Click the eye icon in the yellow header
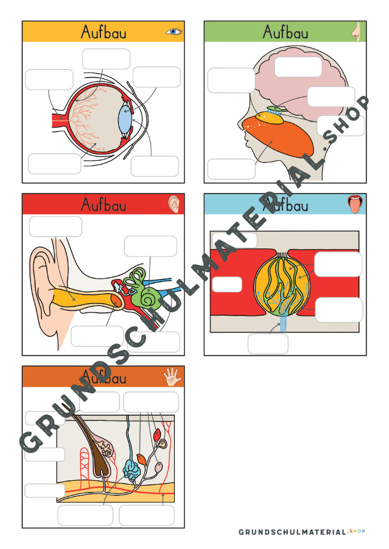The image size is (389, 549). [174, 32]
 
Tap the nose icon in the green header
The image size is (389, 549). [356, 32]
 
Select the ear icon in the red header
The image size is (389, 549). [174, 204]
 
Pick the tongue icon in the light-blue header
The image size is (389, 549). [355, 205]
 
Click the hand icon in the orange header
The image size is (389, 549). [172, 377]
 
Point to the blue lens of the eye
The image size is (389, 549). [125, 119]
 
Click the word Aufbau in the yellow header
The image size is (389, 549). [103, 32]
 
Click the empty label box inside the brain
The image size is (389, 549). [298, 67]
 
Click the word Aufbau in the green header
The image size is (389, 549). [286, 32]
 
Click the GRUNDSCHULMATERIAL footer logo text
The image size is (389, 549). [292, 532]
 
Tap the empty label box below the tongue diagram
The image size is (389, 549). [268, 344]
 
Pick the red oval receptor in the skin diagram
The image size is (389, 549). [157, 435]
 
